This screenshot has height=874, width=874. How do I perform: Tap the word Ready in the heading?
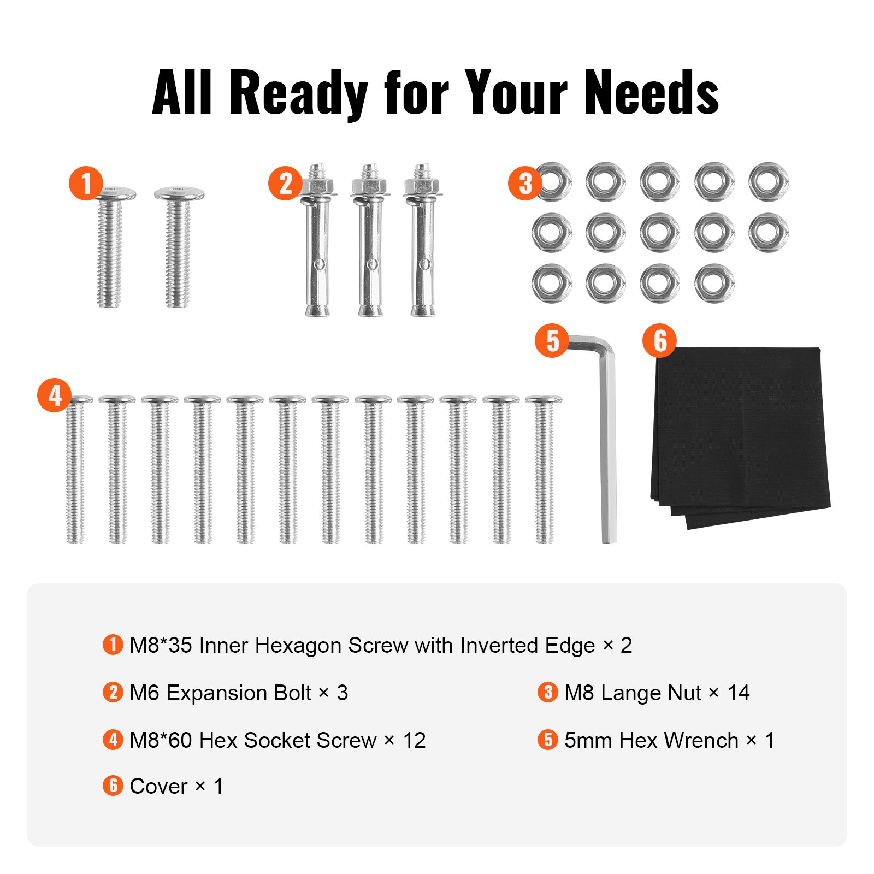point(298,93)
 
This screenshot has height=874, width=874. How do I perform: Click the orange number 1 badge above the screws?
point(86,183)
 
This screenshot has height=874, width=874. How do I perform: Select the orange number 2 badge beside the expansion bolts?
point(285,183)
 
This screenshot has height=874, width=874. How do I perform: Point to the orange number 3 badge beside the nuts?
point(524,183)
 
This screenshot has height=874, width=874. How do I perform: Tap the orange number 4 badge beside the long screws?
point(54,395)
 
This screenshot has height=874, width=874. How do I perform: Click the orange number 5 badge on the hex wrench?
point(552,340)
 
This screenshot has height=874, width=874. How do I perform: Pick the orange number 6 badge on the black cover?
point(659,340)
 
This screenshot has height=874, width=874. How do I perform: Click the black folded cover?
point(743,437)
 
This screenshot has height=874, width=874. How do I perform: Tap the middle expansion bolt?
point(370,240)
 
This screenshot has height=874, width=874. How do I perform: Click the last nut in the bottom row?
point(714,283)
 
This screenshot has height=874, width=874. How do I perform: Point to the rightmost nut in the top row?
point(768,181)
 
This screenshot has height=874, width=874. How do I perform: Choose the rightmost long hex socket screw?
point(544,470)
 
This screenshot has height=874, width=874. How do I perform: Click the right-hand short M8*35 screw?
point(179,246)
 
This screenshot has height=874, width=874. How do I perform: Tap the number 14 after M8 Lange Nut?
point(739,693)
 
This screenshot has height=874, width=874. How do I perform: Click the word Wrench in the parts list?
point(701,740)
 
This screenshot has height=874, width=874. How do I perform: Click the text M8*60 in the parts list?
point(161,740)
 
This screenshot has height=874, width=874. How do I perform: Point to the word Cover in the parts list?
point(158,786)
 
